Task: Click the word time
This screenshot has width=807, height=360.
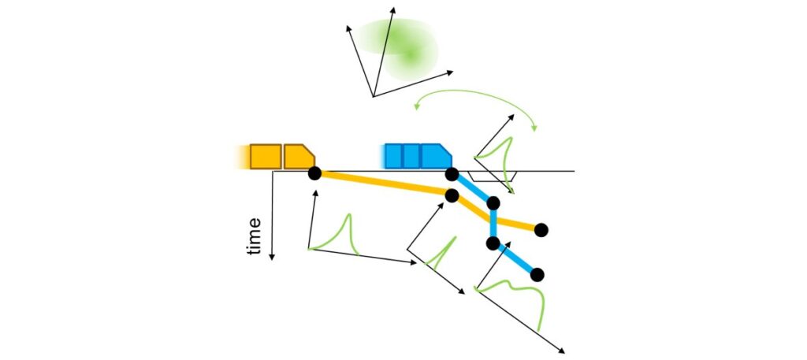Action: [253, 236]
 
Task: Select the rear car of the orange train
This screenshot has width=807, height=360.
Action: [266, 156]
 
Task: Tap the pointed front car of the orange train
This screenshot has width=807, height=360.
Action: [299, 156]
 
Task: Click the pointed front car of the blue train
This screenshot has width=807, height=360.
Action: [435, 156]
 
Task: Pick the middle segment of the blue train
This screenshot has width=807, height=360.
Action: [411, 156]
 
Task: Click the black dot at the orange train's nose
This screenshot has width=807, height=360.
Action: [314, 173]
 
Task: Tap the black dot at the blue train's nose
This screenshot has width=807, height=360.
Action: [452, 173]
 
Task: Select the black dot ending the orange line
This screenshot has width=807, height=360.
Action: [541, 230]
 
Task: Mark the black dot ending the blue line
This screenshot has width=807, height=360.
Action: [537, 274]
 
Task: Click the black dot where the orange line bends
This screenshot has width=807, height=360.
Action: [452, 195]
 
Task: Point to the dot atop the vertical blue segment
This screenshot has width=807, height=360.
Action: [493, 204]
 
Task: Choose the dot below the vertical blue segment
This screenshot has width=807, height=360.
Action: [493, 243]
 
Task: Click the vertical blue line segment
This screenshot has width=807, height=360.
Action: [493, 224]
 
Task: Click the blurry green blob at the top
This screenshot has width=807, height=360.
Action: [398, 46]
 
